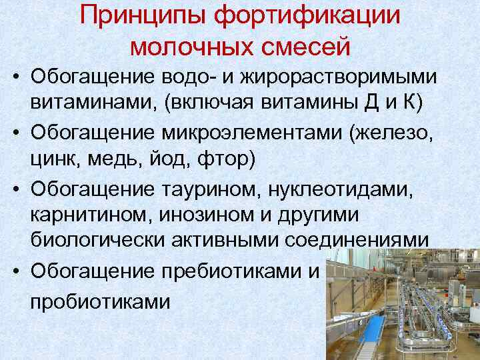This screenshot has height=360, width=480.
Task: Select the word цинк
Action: point(55,161)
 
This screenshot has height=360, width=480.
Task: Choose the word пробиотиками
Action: point(100,302)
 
